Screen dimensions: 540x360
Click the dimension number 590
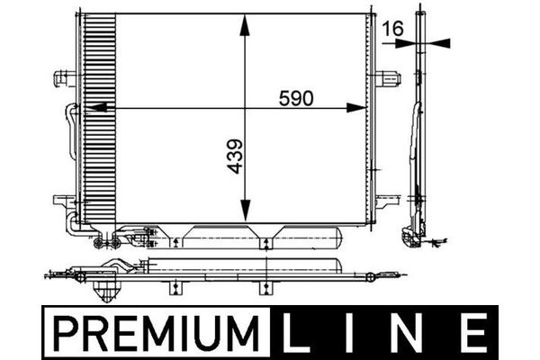point(296,98)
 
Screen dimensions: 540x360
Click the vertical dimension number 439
point(235,156)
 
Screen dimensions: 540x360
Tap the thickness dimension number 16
point(393,29)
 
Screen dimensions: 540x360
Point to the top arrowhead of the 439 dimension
point(244,25)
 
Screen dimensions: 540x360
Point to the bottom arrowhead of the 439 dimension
point(245,211)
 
